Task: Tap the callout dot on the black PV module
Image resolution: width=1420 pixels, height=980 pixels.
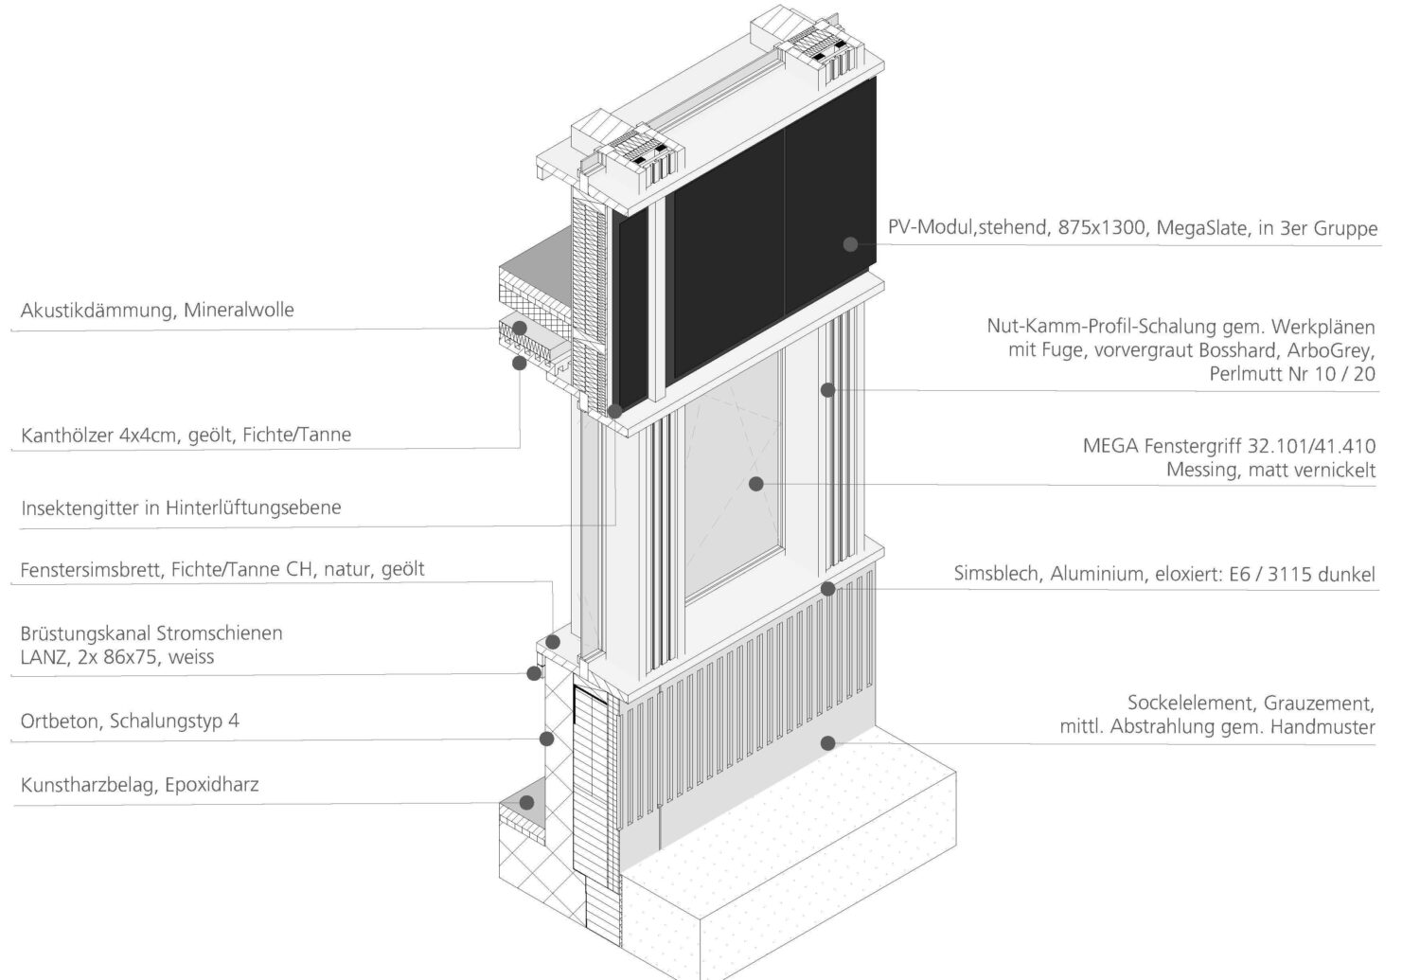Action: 850,244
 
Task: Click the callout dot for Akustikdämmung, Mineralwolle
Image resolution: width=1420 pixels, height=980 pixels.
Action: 519,329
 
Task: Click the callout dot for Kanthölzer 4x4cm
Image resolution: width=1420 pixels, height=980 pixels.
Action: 519,362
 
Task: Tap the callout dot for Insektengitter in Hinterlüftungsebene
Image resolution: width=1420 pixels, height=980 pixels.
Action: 614,412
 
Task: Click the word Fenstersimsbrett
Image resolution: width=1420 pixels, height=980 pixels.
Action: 92,570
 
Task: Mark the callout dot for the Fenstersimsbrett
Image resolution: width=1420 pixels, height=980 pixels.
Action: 553,642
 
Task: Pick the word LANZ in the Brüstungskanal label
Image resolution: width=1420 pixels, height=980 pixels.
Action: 44,657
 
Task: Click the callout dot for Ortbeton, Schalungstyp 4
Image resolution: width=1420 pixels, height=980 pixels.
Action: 546,739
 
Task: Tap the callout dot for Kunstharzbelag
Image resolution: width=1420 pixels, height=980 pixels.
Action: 526,802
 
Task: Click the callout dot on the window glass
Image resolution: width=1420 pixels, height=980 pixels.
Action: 755,484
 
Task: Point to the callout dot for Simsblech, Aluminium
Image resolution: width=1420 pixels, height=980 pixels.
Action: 827,589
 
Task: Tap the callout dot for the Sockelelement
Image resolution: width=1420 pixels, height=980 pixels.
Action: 827,743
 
